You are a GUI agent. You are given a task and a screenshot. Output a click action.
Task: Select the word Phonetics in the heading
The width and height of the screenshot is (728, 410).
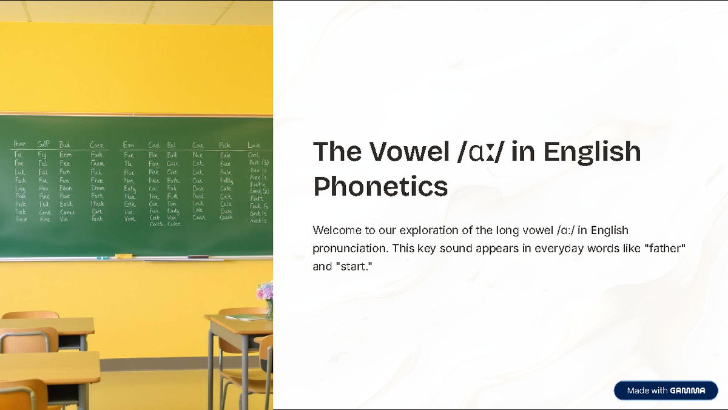[380, 187]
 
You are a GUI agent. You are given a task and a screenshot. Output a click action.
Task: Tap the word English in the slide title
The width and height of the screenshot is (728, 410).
[592, 152]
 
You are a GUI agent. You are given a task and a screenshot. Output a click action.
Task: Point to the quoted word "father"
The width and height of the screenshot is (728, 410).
[666, 249]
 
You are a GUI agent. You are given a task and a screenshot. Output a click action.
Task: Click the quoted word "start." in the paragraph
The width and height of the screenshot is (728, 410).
[352, 266]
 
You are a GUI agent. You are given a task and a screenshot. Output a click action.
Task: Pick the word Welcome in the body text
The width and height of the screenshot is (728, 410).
[335, 230]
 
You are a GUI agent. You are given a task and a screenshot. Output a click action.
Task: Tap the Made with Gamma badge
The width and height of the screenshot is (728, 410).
[666, 391]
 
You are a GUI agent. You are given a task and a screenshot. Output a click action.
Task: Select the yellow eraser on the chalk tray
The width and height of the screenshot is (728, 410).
[124, 257]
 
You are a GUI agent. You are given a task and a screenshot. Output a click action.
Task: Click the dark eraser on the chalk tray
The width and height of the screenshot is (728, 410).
[198, 257]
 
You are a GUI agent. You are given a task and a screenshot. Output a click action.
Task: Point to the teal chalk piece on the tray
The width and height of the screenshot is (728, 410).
[98, 258]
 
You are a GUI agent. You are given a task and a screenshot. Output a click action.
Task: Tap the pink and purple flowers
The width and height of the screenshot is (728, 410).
[265, 292]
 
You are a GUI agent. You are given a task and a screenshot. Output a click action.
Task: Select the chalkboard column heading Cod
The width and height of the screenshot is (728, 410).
[154, 145]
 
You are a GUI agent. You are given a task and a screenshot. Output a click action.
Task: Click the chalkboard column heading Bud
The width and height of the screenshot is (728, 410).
[65, 145]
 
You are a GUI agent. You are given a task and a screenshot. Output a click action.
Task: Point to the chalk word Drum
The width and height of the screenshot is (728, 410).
[97, 188]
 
